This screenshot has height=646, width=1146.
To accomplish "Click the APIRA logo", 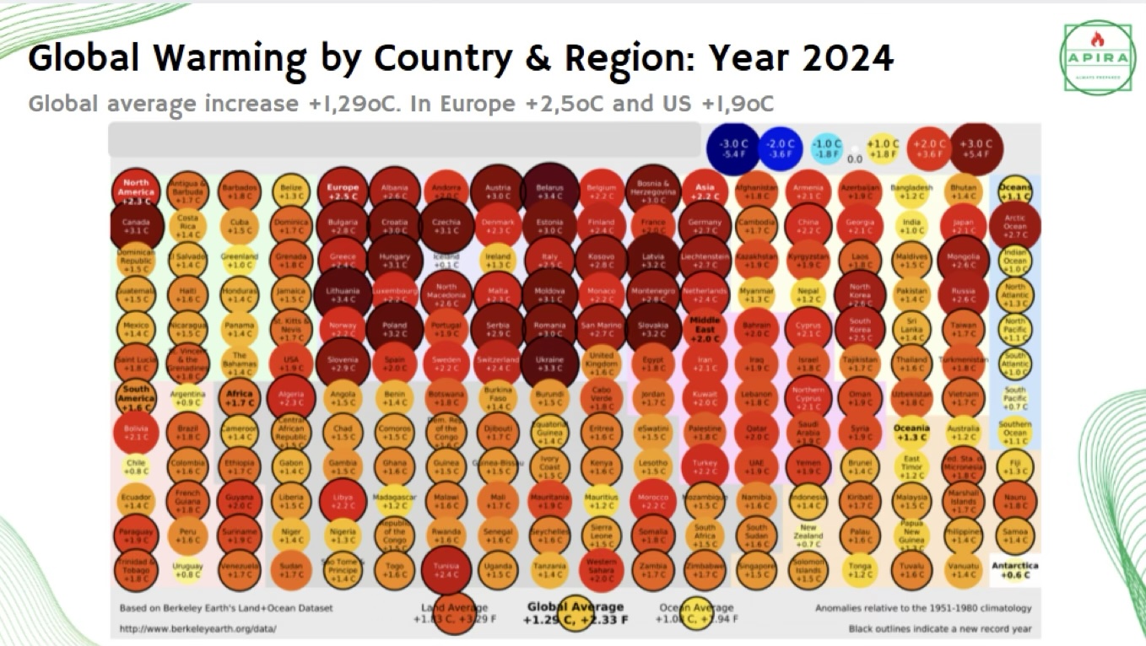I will tap(1098, 58).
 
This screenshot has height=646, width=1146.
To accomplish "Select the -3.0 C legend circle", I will tap(732, 148).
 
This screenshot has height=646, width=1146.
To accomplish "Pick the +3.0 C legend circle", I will tap(976, 148).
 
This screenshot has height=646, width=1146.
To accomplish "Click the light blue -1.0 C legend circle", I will tap(827, 148).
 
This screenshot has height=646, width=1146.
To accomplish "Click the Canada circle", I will tap(136, 225).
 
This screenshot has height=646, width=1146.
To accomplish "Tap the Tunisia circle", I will tap(446, 571).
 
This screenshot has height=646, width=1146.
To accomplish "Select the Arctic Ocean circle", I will tap(1015, 225).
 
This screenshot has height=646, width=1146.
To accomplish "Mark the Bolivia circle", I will tap(136, 432).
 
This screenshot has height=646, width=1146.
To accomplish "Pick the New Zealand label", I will tap(809, 533).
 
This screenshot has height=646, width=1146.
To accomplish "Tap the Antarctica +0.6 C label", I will tap(1015, 570).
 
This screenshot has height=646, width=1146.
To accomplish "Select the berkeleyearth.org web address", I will tap(197, 629).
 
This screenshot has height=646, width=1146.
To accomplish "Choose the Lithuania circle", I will tap(343, 293).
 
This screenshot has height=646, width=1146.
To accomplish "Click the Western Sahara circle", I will tap(602, 571).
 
